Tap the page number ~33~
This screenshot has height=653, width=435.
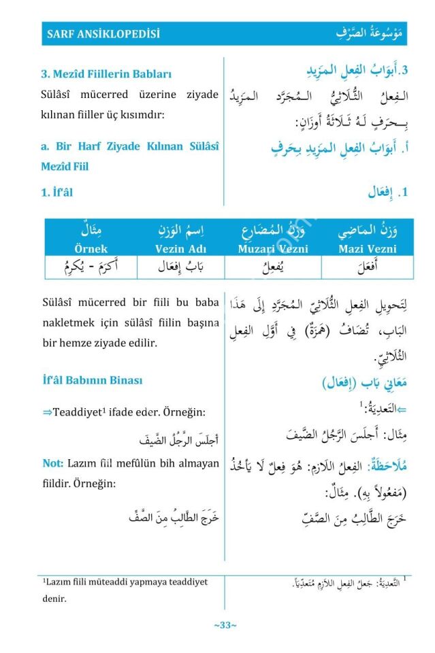pyautogui.click(x=225, y=625)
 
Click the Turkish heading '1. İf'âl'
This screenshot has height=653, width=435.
pyautogui.click(x=57, y=192)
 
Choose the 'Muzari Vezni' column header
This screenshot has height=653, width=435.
pyautogui.click(x=272, y=249)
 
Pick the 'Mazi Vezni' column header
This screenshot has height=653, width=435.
pyautogui.click(x=367, y=249)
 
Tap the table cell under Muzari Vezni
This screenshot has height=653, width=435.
pyautogui.click(x=272, y=267)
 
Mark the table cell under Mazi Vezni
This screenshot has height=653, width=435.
pyautogui.click(x=367, y=267)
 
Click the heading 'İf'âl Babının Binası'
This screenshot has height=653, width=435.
pyautogui.click(x=92, y=380)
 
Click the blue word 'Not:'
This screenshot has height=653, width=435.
pyautogui.click(x=52, y=463)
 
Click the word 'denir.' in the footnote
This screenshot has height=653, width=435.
pyautogui.click(x=54, y=599)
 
